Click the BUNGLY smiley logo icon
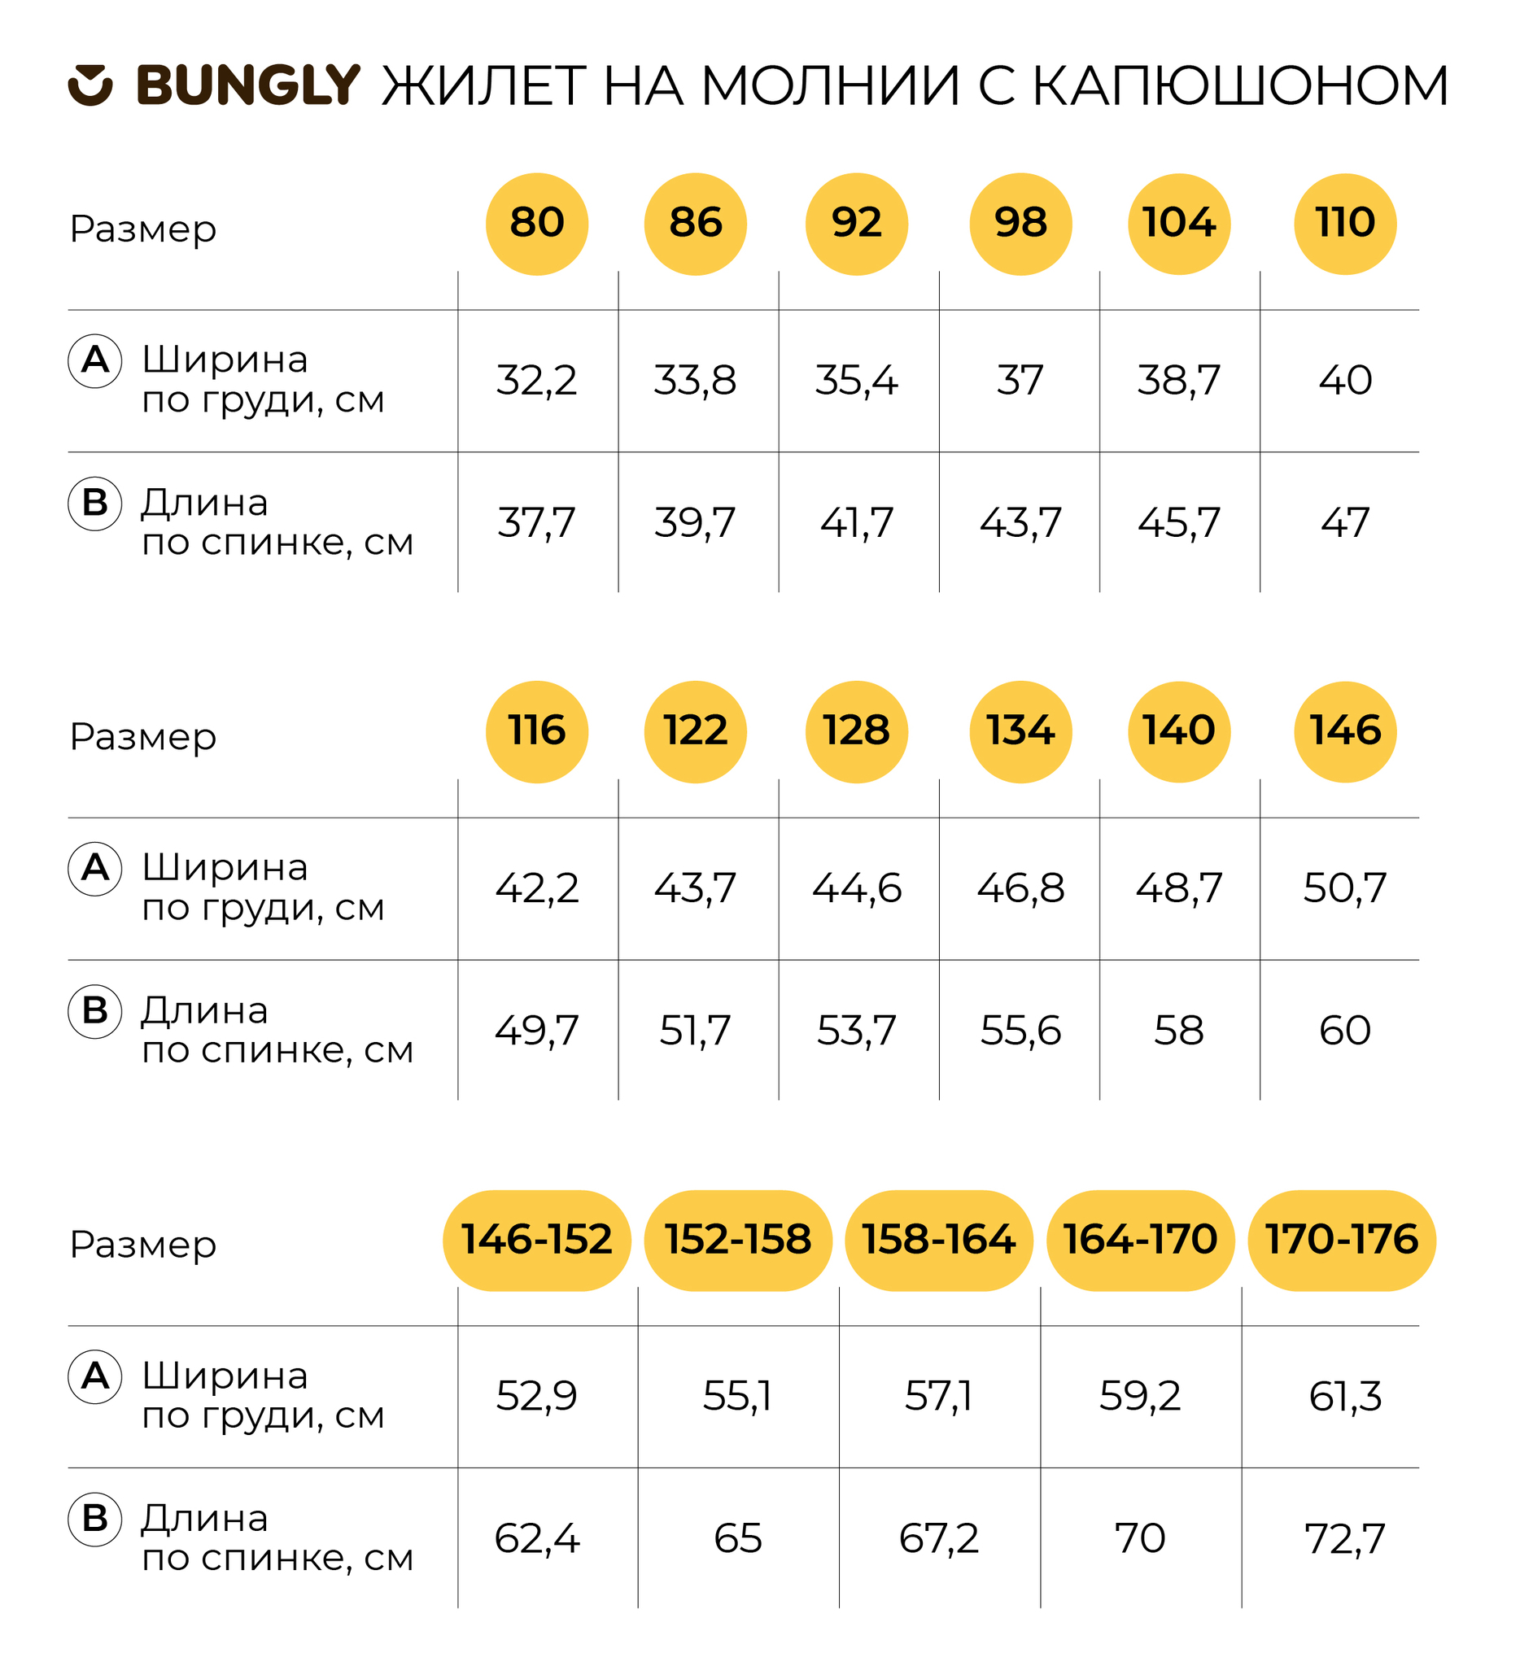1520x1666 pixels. tap(90, 85)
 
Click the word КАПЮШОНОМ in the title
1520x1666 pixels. tap(1241, 86)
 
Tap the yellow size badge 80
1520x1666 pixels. tap(537, 224)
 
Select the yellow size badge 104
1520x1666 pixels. tap(1180, 224)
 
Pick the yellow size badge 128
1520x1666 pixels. tap(857, 732)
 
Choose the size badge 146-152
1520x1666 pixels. tap(537, 1241)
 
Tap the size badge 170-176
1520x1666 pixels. tap(1343, 1241)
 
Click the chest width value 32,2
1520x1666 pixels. tap(537, 381)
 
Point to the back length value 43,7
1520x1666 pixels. tap(1020, 523)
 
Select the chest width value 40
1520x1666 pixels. tap(1346, 381)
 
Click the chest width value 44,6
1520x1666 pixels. tap(857, 889)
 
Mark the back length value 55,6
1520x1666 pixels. tap(1020, 1031)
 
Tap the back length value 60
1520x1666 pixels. tap(1346, 1031)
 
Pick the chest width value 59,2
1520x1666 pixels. tap(1141, 1398)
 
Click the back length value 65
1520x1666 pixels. tap(738, 1540)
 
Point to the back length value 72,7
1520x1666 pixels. tap(1346, 1540)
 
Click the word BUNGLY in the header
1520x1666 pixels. tap(249, 86)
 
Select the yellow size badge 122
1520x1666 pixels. tap(696, 732)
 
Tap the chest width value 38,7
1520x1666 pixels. tap(1180, 381)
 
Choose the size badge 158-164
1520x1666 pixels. tap(940, 1241)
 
